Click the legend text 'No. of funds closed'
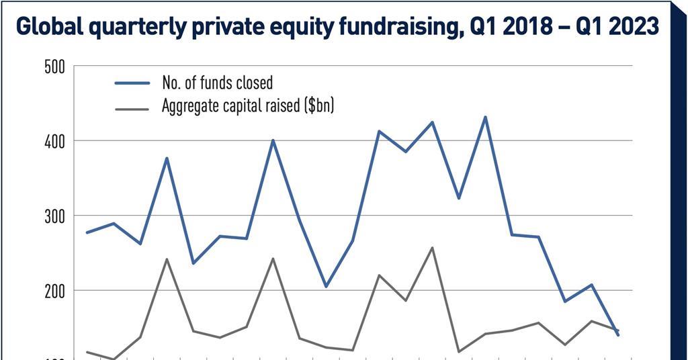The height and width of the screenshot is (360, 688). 217,83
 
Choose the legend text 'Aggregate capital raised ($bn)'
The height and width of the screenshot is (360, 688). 247,105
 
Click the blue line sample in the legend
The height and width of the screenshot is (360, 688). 132,83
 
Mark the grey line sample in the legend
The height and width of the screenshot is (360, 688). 132,105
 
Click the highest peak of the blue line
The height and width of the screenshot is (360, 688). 485,117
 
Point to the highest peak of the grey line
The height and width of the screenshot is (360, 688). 432,247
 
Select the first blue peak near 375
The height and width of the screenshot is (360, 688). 167,158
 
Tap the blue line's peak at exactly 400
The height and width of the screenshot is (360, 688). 273,140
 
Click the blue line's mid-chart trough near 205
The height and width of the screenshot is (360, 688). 326,287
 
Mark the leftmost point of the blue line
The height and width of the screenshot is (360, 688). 87,232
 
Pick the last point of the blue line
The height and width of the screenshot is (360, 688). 618,335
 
